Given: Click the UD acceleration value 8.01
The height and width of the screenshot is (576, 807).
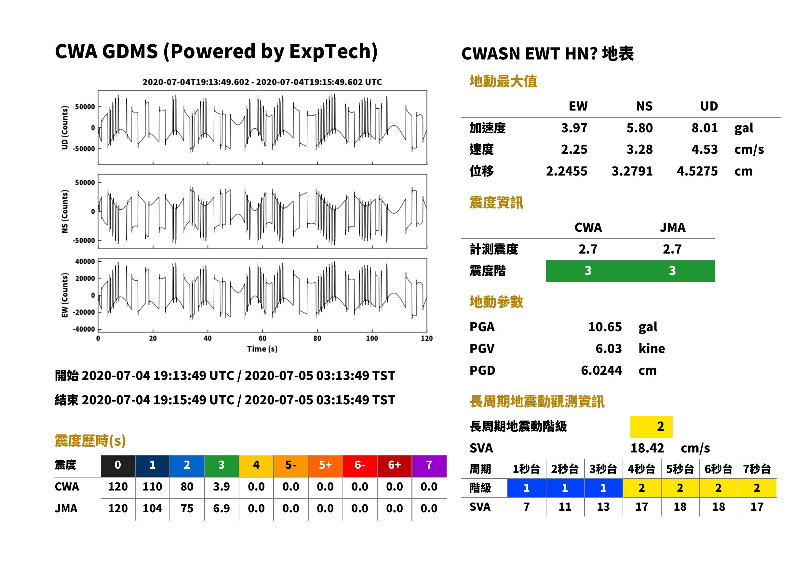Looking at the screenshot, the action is [704, 128].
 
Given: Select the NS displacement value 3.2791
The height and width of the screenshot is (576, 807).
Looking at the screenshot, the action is [632, 171].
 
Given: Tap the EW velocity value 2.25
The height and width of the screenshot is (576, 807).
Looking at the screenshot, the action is [574, 149].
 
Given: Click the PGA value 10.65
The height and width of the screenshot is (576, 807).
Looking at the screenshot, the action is [605, 327].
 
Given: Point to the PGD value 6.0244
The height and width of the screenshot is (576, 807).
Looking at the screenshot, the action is [601, 370].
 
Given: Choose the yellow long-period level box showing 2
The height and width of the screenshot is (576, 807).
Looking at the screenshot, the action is [651, 426].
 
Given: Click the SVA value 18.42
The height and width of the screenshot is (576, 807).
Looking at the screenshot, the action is [647, 448].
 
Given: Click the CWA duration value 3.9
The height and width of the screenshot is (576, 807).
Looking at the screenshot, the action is [222, 487].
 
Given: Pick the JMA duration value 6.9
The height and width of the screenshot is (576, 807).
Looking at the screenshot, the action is [222, 508].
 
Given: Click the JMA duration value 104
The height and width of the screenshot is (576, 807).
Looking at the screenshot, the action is [152, 508].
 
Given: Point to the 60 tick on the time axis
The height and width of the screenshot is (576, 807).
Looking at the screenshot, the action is [262, 338].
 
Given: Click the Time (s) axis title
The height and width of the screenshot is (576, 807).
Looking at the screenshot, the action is [262, 349].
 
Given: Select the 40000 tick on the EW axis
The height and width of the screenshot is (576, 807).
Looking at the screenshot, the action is [85, 261].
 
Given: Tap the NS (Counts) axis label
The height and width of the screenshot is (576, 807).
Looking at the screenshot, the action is [65, 211].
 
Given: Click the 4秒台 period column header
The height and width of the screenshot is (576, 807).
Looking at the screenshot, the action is [641, 469].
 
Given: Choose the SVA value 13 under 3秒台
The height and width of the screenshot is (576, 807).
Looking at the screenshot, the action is [603, 507].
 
